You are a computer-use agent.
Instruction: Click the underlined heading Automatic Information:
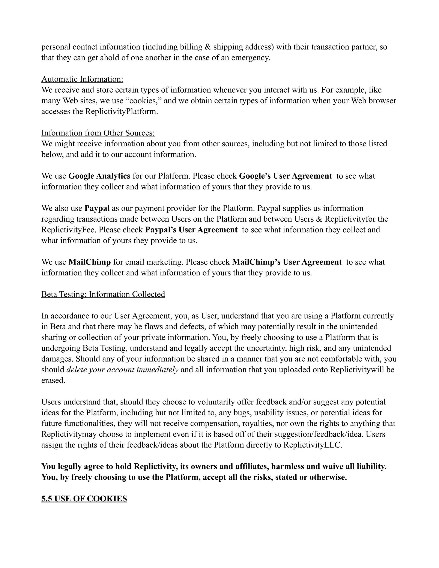pos(82,79)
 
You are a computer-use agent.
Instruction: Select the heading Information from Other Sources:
pos(98,133)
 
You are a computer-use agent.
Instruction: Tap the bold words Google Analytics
pos(99,176)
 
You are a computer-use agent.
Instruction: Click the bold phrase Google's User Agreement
pos(285,176)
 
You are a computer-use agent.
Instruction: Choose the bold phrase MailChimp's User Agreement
pos(287,262)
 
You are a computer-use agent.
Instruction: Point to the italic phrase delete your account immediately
pos(122,370)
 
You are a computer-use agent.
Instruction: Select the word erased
pos(53,380)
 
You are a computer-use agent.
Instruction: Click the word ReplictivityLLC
pos(313,445)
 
